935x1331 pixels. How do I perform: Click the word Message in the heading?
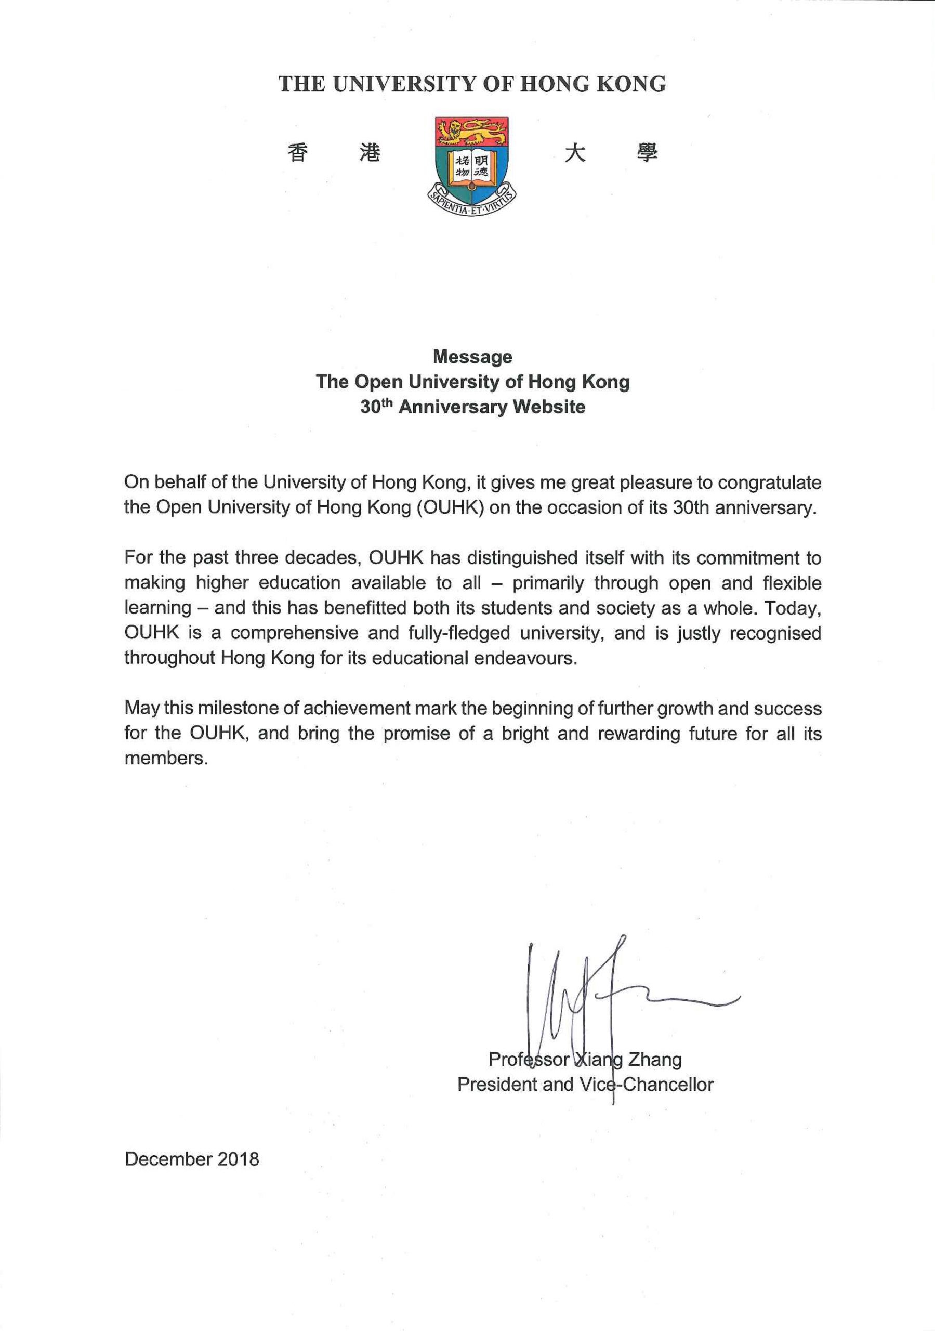coord(472,357)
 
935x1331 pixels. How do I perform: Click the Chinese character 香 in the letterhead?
coord(298,153)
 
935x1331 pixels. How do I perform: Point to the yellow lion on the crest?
coord(471,132)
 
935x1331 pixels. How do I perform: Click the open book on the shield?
coord(472,167)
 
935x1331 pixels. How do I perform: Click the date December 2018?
coord(192,1159)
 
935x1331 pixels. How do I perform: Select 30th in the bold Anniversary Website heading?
coord(376,407)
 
